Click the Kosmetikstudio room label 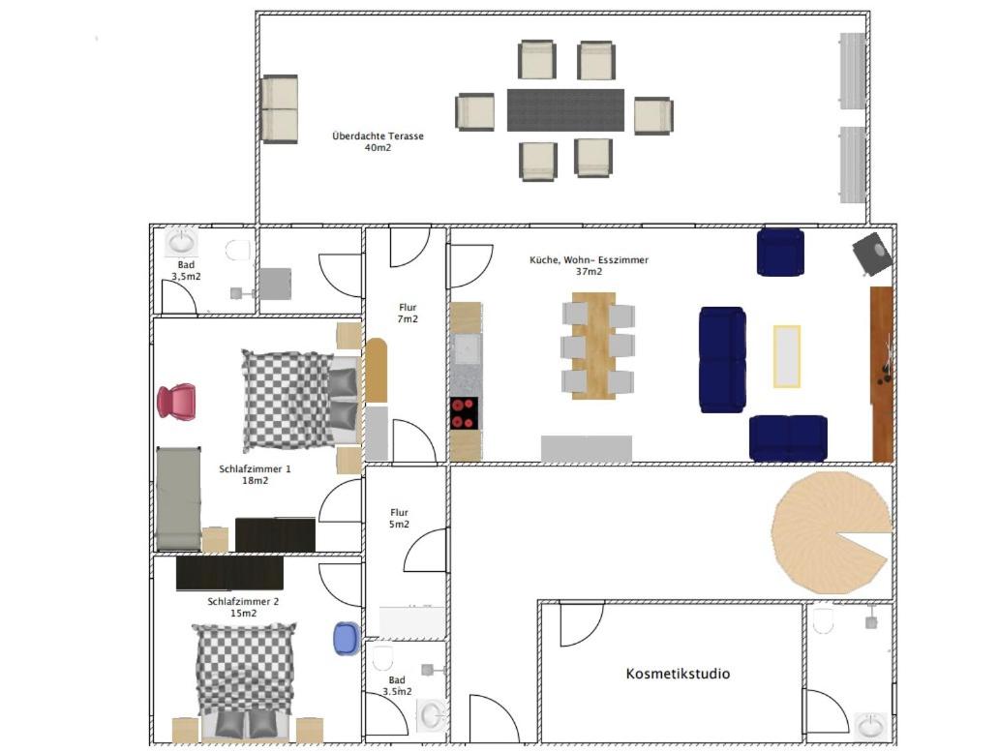(678, 674)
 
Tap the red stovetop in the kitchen (465, 413)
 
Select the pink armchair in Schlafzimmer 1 (176, 402)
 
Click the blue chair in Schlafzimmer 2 (346, 639)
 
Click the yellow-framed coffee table (787, 356)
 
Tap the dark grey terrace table (565, 110)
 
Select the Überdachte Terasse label (378, 136)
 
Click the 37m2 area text (589, 271)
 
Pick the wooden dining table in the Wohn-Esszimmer (593, 346)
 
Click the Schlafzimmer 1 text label (255, 468)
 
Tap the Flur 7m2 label (408, 313)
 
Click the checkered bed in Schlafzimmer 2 (244, 681)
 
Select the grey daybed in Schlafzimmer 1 (178, 498)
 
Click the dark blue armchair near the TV (780, 253)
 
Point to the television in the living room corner (872, 254)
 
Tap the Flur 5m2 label (400, 519)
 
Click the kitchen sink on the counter (467, 349)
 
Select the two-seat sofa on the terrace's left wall (280, 109)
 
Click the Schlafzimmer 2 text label (243, 601)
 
